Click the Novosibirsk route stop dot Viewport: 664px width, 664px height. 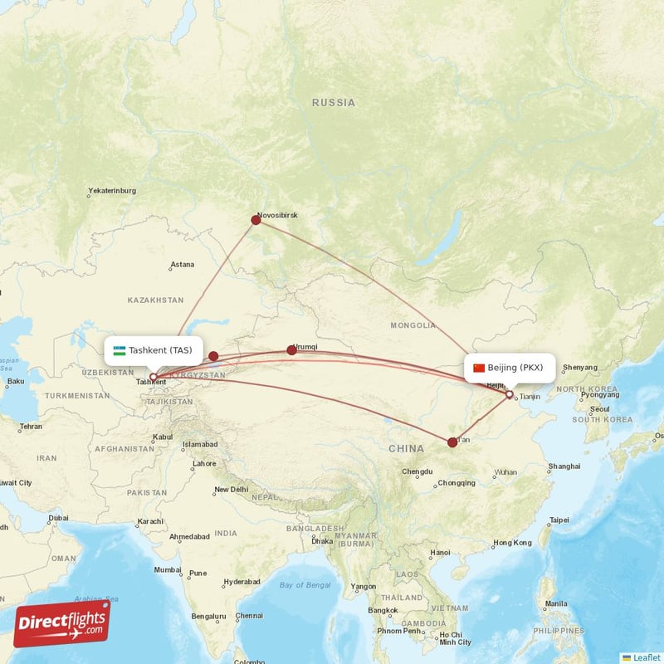(x=256, y=220)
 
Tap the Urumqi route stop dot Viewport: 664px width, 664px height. (x=291, y=350)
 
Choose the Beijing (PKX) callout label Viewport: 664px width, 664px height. (x=510, y=368)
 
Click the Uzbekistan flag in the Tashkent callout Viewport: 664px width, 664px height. (x=120, y=350)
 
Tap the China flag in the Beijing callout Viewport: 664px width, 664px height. (x=478, y=368)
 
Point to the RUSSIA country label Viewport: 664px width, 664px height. (x=334, y=103)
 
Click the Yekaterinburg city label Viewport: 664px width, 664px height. (x=111, y=192)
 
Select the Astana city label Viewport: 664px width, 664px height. (x=182, y=265)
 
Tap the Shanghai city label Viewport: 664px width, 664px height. (x=564, y=466)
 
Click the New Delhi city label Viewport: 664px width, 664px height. (x=232, y=490)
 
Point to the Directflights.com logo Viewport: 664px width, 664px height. (x=61, y=623)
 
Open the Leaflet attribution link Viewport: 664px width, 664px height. (x=642, y=657)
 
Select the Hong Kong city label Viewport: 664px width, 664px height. (x=512, y=543)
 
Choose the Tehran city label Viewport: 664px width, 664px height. (x=31, y=427)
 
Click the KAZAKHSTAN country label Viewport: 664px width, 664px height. (x=156, y=299)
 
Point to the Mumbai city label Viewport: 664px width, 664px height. (x=167, y=570)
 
